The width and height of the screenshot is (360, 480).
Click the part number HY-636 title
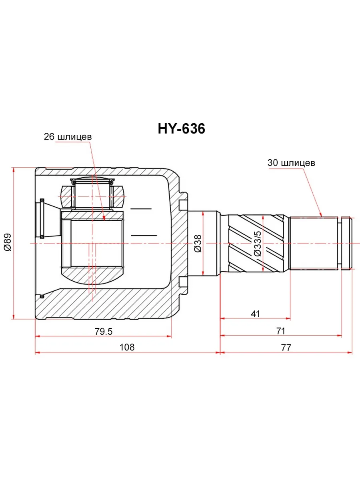point(182,129)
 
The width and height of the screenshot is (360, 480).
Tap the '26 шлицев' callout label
point(68,137)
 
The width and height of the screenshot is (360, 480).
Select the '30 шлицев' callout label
point(291,163)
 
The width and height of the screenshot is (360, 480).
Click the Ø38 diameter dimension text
point(198,244)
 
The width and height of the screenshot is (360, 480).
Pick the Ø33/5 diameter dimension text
point(258,243)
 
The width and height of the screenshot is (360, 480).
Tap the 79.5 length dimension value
point(103,332)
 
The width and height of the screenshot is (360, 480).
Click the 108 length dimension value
point(127,347)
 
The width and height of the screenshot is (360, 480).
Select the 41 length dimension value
point(255,314)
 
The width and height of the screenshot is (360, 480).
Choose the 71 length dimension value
point(281,331)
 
